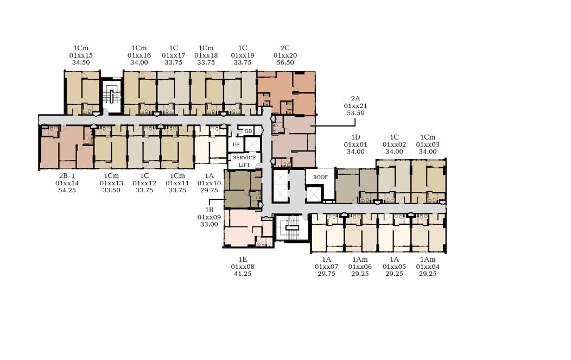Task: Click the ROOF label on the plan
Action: [320, 177]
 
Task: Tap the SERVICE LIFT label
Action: [244, 161]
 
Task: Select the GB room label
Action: [248, 131]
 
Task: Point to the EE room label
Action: [236, 144]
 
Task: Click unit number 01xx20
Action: [285, 55]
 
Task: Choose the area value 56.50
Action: [285, 62]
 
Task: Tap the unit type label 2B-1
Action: [67, 176]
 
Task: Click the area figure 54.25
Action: [67, 190]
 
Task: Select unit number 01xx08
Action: [243, 267]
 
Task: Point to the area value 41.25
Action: [243, 273]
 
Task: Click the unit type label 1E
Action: [243, 260]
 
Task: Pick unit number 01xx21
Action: [356, 106]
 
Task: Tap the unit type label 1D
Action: [356, 137]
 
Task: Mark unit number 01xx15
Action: [81, 55]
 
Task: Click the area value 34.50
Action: [81, 62]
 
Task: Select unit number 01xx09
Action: [209, 217]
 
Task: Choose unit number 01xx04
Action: [428, 267]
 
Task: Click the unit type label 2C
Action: [285, 48]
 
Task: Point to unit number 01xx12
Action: [144, 183]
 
